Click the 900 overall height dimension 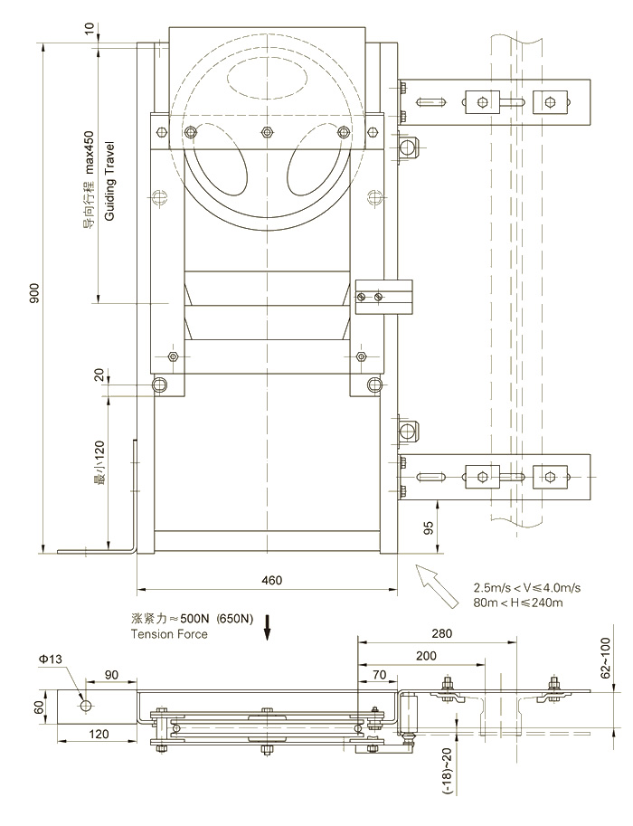(x=33, y=299)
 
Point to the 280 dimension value (x=441, y=633)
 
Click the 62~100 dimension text (x=607, y=657)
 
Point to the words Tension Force (x=169, y=634)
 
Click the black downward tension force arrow (x=268, y=626)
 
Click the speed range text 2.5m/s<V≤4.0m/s (x=526, y=588)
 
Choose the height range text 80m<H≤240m (x=518, y=603)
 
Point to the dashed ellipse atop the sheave (x=268, y=78)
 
